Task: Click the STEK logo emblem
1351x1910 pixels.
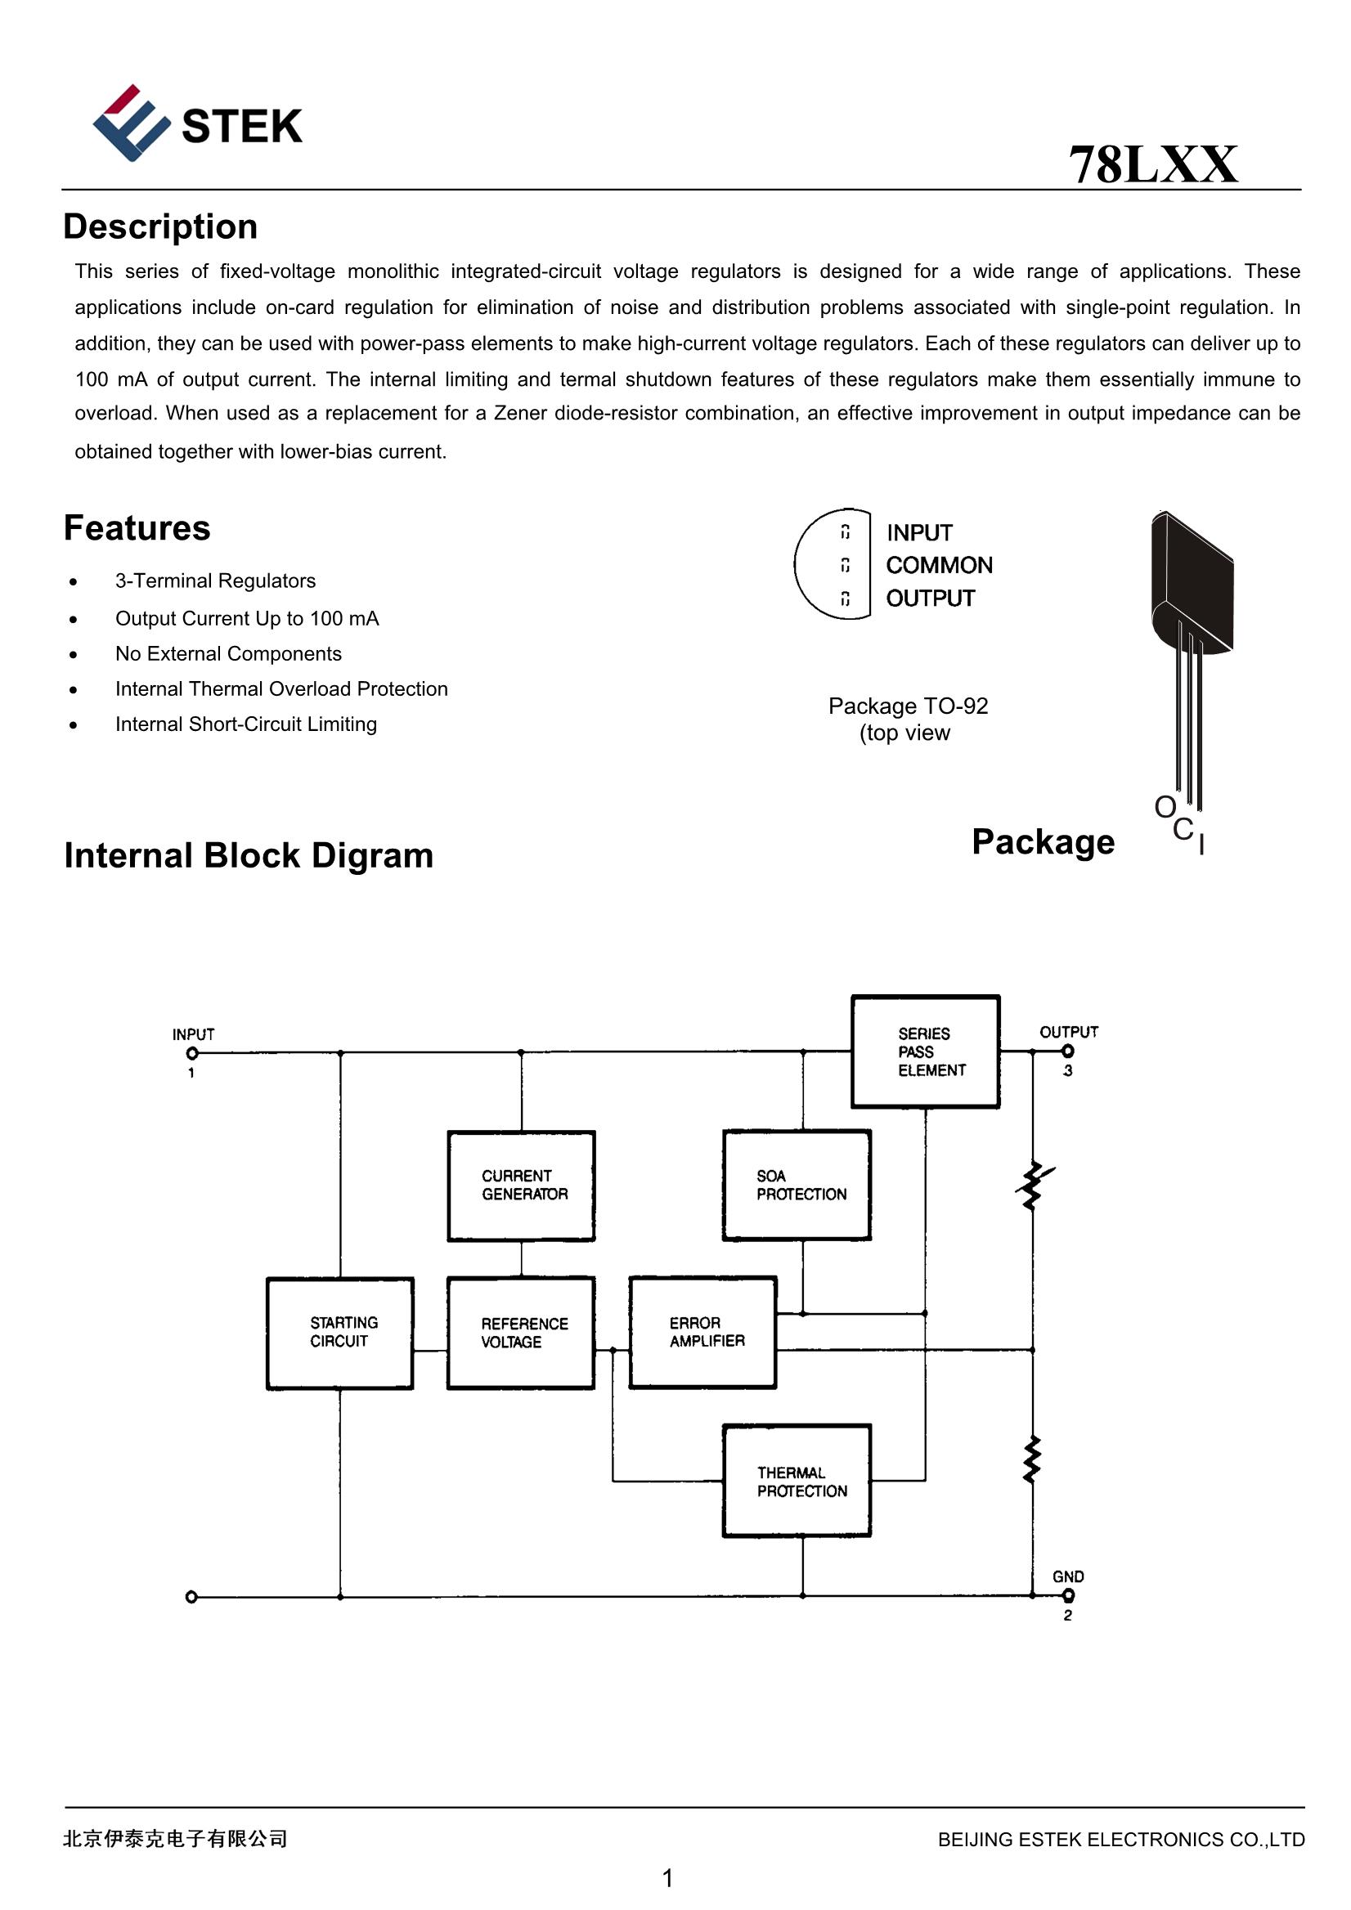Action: click(x=131, y=123)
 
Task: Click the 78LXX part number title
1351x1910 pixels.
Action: click(x=1152, y=164)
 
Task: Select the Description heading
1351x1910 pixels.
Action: click(x=160, y=227)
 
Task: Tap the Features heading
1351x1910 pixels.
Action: click(x=137, y=528)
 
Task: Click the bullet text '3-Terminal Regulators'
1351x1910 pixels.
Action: click(x=215, y=581)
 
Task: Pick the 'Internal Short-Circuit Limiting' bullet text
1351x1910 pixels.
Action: click(x=245, y=724)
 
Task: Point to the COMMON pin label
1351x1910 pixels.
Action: click(x=938, y=566)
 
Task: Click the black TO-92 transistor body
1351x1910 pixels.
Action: click(x=1192, y=582)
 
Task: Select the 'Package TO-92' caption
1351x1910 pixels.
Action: click(x=908, y=706)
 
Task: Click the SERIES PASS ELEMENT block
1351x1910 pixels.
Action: click(x=925, y=1051)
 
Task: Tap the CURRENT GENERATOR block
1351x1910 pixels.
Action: click(x=522, y=1186)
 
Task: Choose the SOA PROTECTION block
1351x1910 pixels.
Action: click(x=797, y=1186)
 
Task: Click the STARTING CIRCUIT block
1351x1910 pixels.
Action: click(x=339, y=1333)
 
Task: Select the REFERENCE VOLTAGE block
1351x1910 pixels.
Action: click(x=522, y=1333)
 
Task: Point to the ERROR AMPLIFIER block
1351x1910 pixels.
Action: click(x=703, y=1332)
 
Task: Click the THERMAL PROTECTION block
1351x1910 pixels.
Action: click(x=797, y=1481)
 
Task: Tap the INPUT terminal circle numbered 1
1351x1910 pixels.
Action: click(x=192, y=1053)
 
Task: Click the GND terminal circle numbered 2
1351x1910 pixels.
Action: click(x=1068, y=1594)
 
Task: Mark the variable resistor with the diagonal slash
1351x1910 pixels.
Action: click(x=1032, y=1186)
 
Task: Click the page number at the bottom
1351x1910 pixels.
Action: click(x=667, y=1877)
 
